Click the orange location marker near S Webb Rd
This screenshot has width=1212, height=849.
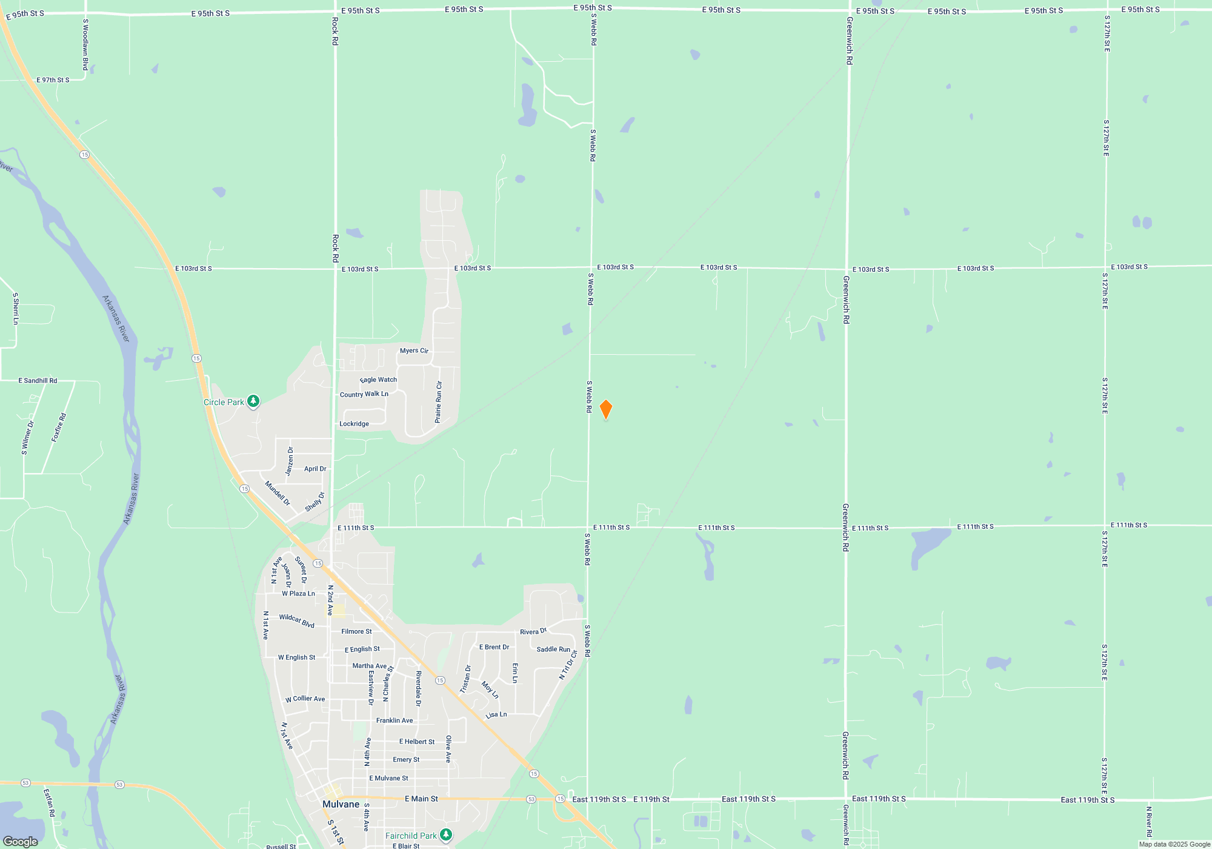click(605, 409)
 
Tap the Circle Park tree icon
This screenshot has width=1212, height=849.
click(253, 401)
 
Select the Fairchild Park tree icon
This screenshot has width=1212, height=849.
click(446, 835)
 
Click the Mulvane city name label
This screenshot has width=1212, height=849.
click(341, 804)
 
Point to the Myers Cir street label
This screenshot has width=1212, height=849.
click(414, 351)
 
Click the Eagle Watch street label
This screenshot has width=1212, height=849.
click(379, 380)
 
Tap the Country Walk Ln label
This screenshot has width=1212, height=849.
click(364, 394)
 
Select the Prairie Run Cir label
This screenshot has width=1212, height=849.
click(439, 402)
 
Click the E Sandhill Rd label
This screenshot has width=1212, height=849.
click(38, 381)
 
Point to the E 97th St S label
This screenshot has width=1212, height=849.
click(53, 80)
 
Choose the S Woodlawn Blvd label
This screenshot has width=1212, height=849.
click(85, 44)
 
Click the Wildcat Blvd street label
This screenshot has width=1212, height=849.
click(296, 621)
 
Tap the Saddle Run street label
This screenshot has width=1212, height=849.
click(553, 649)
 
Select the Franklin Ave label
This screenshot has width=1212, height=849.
click(395, 720)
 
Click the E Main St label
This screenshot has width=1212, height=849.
click(421, 799)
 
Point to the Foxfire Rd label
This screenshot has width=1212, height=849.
click(59, 428)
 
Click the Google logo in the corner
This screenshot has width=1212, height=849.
click(21, 842)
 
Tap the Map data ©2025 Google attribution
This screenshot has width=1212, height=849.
click(1174, 844)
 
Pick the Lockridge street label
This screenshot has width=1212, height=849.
click(354, 424)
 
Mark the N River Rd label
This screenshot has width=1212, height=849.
click(1148, 821)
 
